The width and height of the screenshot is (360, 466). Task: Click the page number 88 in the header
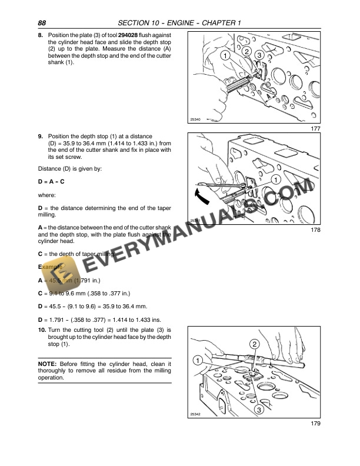click(x=42, y=23)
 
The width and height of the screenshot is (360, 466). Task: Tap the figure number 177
click(x=315, y=129)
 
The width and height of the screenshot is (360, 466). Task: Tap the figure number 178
click(x=315, y=230)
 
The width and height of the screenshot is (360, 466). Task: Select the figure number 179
click(x=315, y=423)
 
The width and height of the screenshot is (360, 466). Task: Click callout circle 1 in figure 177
click(x=225, y=55)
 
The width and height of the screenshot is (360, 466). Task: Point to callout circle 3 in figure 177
click(x=260, y=55)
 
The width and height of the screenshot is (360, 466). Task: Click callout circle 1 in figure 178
click(x=275, y=179)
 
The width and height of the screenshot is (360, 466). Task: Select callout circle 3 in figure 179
click(x=258, y=410)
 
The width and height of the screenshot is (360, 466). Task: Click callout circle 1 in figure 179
click(x=198, y=360)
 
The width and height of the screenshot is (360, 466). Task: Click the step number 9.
click(x=39, y=137)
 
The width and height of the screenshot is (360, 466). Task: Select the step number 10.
click(x=41, y=331)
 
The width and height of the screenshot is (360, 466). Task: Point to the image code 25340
click(x=196, y=120)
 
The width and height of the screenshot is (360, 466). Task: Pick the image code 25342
click(x=195, y=414)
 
